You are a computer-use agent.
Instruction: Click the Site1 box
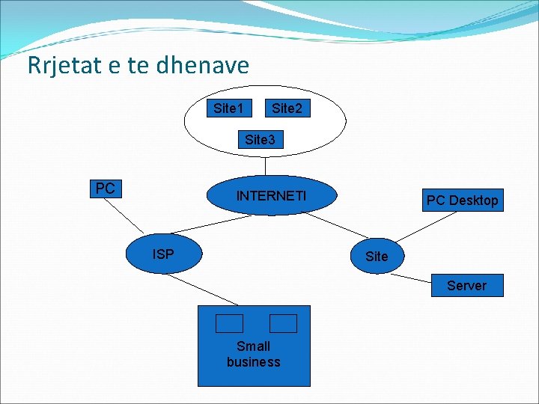tap(228, 108)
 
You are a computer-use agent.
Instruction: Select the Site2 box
tap(287, 108)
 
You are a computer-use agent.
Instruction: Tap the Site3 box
tap(261, 139)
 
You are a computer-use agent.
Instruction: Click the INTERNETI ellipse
tap(271, 196)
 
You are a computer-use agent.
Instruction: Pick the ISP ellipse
tap(164, 254)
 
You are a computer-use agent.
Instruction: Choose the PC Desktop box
tap(462, 200)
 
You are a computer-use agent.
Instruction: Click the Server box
tap(466, 285)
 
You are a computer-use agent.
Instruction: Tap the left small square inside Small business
tap(229, 323)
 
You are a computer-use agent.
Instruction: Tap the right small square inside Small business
tap(283, 323)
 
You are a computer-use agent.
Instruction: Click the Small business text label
tap(253, 354)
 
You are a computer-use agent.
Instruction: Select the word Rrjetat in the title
tap(64, 66)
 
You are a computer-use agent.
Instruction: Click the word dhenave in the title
tap(203, 66)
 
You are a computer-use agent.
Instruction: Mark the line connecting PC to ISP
tap(127, 216)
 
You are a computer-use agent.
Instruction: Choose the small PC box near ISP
tap(106, 188)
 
